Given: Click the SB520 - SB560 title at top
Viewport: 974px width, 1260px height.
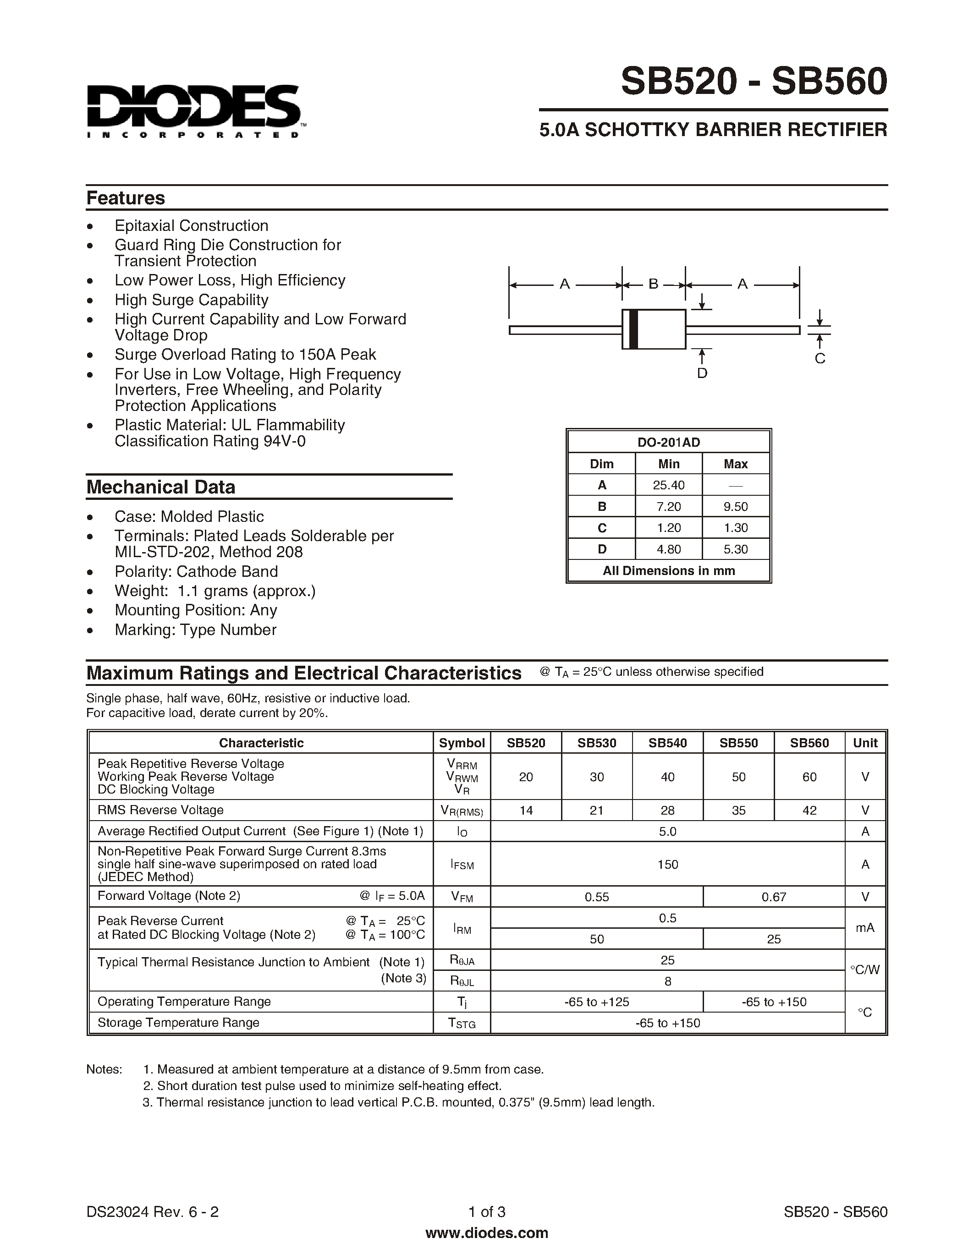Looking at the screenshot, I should pos(754,82).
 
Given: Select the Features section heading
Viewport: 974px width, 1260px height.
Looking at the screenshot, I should pos(126,198).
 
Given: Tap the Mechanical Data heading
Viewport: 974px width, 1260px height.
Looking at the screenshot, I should pos(160,487).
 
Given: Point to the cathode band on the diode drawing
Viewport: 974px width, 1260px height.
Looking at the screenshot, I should pos(633,329).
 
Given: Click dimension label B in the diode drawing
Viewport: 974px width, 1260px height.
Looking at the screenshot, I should pos(653,284).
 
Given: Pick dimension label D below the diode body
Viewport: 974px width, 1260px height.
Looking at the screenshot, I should pos(702,373).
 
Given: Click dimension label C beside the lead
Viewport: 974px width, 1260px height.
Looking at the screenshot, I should pos(820,358).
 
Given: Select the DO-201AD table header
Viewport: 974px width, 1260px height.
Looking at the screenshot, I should pos(668,442).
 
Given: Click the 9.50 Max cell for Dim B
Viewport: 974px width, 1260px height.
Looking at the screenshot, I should pos(735,507).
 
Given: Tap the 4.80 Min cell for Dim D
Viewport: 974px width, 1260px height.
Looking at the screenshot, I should pos(668,549).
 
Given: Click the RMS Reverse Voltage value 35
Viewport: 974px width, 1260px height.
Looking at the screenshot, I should pos(738,810).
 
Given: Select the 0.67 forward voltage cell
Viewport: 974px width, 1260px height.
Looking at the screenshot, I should pos(773,897).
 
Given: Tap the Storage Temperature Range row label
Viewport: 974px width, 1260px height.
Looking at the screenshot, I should pos(178,1022).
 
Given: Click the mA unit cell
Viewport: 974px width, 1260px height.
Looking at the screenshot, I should pos(864,928).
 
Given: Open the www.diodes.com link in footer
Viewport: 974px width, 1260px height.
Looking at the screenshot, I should pos(486,1233).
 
